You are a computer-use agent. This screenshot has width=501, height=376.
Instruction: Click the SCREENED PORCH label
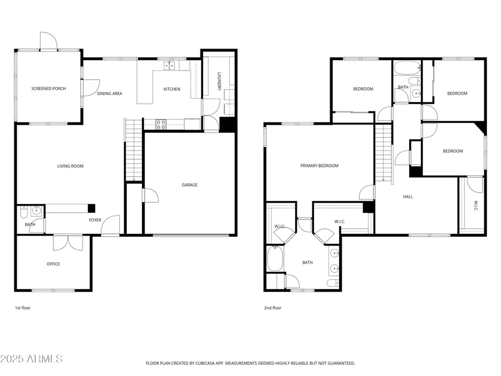48,89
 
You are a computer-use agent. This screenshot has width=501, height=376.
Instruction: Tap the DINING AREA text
110,94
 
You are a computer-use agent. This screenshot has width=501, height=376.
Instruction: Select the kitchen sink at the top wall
169,66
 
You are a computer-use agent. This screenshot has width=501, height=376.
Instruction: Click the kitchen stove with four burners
161,125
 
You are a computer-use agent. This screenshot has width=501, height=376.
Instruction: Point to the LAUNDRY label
219,81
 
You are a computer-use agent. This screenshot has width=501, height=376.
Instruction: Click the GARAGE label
189,185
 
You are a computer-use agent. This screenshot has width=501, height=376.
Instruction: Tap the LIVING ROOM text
70,166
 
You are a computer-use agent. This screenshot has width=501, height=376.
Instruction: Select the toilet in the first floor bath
23,213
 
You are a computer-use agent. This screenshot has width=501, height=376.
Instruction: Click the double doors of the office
68,243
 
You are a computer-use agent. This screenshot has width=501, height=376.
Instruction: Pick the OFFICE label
53,264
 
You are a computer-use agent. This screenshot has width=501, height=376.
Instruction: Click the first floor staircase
134,150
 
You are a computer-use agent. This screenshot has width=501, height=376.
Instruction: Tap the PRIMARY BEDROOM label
319,166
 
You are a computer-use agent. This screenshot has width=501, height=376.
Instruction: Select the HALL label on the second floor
408,197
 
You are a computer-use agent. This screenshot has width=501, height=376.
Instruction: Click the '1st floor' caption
23,307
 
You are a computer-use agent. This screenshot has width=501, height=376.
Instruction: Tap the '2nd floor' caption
273,307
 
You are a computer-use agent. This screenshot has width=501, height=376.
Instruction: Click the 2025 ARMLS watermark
32,358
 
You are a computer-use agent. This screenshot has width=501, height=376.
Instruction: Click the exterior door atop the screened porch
48,40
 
